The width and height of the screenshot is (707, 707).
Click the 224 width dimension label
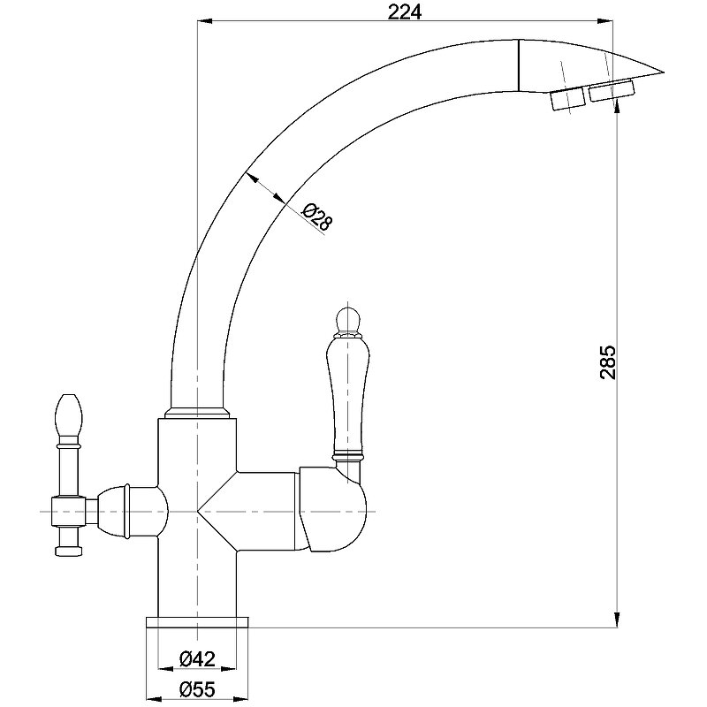click(405, 12)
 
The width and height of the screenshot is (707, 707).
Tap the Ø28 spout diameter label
click(316, 217)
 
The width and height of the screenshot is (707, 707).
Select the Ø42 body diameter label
click(197, 658)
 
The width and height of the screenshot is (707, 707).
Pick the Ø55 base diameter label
click(197, 688)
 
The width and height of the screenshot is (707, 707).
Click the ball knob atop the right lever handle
click(347, 319)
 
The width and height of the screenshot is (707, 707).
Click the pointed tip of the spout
click(665, 72)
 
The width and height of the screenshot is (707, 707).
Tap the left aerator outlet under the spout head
click(567, 98)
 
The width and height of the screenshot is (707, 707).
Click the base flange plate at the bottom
click(197, 622)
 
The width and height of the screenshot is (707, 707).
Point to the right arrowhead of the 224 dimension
click(604, 20)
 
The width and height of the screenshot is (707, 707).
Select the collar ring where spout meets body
click(197, 413)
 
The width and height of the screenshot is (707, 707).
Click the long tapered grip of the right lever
click(347, 395)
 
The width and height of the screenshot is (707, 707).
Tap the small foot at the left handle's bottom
click(68, 551)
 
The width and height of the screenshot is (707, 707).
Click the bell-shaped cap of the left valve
click(114, 512)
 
